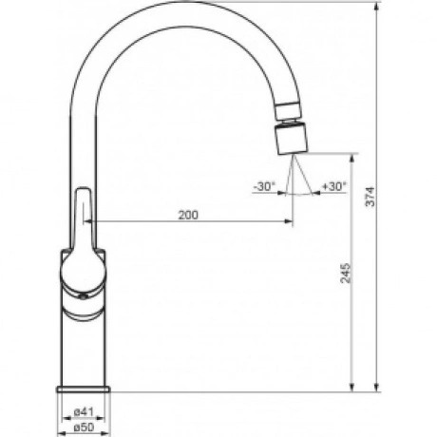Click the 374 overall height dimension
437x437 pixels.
click(370, 197)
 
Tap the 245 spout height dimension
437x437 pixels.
click(346, 273)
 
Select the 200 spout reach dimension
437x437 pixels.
click(188, 215)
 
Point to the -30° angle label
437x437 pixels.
click(265, 186)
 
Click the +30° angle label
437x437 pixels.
click(334, 186)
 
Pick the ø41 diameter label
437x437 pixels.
click(84, 412)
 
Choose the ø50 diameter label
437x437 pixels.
click(84, 427)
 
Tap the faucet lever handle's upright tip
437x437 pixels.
click(83, 190)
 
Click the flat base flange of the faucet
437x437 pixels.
click(84, 389)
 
